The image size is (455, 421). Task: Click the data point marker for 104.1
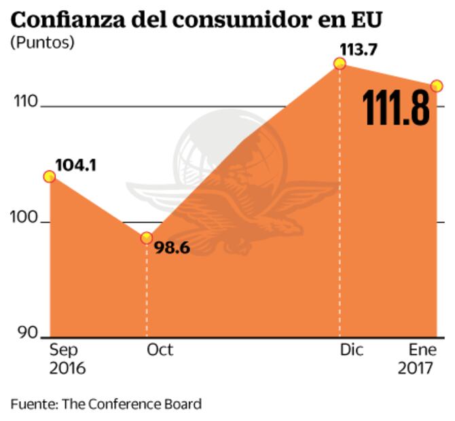coord(49,177)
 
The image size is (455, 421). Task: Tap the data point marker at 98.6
coord(146,238)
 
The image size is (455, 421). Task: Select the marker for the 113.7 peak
coord(340,64)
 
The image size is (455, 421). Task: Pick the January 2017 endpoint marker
coord(437,86)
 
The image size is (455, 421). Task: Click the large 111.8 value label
coord(396,109)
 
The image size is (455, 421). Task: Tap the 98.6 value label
coord(171,249)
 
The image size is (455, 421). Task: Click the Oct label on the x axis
coord(160,350)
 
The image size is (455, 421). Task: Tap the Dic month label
coord(352,350)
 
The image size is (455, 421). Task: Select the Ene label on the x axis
coord(422,350)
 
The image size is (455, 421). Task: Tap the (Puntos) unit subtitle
coord(42,43)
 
